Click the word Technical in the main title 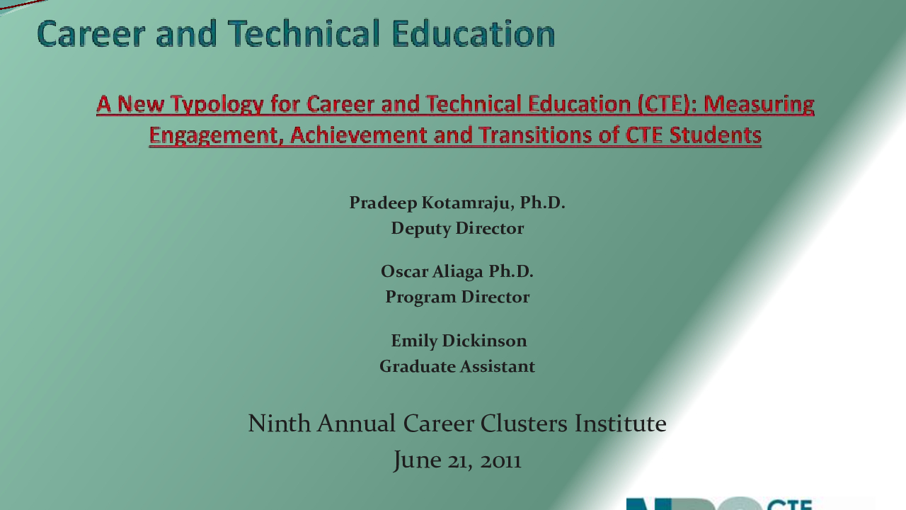(x=304, y=34)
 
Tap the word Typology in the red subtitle (x=217, y=105)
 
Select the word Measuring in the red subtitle (x=759, y=104)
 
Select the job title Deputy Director (x=457, y=228)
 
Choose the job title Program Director (x=457, y=297)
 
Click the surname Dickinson (x=484, y=341)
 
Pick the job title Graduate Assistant (x=457, y=367)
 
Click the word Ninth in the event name (x=279, y=424)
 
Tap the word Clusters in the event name (x=524, y=424)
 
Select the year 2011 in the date (x=500, y=461)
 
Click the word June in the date (x=418, y=460)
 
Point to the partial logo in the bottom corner (x=719, y=503)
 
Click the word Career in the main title (x=91, y=34)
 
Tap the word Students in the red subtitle (x=716, y=135)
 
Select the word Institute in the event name (x=621, y=424)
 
